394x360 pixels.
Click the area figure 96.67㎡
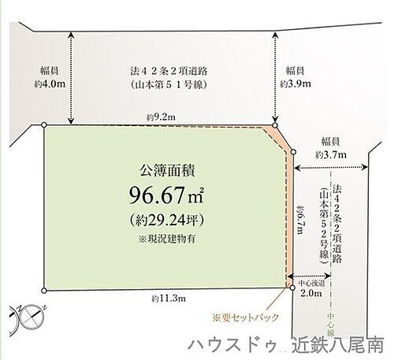click(166, 193)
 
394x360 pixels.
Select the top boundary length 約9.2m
click(160, 117)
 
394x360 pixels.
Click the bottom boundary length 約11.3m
click(166, 299)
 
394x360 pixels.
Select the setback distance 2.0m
click(312, 293)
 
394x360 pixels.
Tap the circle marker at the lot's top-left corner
click(44, 124)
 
